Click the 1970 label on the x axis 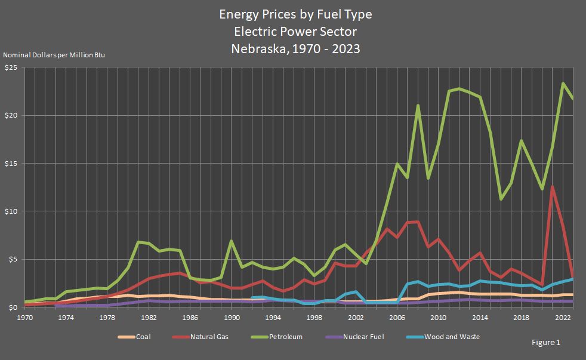click(25, 318)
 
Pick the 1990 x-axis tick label click(232, 318)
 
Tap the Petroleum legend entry click(283, 337)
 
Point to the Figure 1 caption click(545, 343)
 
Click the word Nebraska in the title click(255, 49)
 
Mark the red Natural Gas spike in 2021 click(553, 187)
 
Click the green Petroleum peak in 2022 click(563, 84)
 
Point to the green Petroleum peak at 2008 click(418, 106)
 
